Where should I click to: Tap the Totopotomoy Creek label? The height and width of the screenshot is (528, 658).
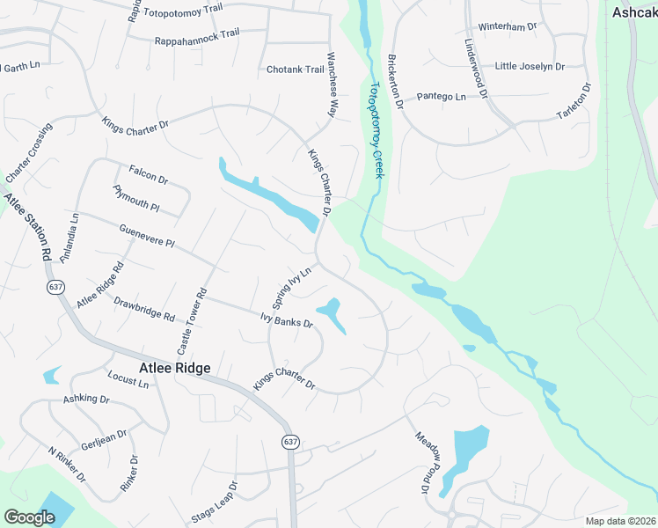377,131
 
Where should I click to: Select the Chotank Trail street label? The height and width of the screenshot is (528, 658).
296,70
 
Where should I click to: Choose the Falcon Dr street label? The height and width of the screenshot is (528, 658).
148,173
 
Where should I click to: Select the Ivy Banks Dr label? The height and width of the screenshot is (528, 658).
287,319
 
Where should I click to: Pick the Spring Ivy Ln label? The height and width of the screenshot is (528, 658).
292,288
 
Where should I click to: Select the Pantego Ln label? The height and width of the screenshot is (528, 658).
441,96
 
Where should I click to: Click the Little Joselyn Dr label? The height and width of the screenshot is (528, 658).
529,66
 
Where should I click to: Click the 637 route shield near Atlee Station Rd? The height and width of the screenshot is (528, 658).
56,287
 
